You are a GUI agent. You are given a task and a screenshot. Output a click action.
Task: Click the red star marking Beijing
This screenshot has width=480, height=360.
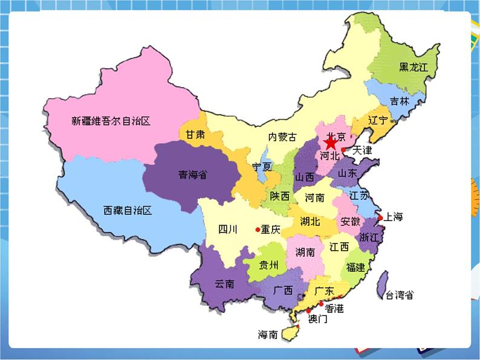331,144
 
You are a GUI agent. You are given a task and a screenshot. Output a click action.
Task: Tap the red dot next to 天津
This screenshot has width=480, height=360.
343,150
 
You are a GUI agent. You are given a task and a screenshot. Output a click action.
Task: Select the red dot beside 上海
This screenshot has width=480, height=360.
380,217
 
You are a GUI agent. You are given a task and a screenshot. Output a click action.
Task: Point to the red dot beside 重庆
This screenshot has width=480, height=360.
258,230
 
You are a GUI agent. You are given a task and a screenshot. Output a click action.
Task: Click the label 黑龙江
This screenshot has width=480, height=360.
413,67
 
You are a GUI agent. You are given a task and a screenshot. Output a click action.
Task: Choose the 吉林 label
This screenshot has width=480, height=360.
399,101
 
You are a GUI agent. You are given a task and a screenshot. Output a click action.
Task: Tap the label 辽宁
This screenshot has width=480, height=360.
378,120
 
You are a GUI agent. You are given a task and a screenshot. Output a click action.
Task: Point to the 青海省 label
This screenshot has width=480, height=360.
192,175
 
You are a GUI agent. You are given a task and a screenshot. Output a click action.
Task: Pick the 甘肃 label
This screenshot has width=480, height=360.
195,135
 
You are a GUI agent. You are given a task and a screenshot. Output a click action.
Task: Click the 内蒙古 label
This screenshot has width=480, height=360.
283,137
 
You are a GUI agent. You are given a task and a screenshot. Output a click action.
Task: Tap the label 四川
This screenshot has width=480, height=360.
228,229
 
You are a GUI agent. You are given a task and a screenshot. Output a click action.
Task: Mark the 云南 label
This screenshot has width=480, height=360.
224,284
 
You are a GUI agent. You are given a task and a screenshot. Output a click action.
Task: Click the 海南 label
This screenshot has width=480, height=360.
268,335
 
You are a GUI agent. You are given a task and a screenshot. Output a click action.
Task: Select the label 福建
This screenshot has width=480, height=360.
355,267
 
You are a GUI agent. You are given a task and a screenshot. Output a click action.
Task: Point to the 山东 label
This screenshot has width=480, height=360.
348,173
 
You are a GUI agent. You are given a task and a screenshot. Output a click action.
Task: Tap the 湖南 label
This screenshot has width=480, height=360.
305,252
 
